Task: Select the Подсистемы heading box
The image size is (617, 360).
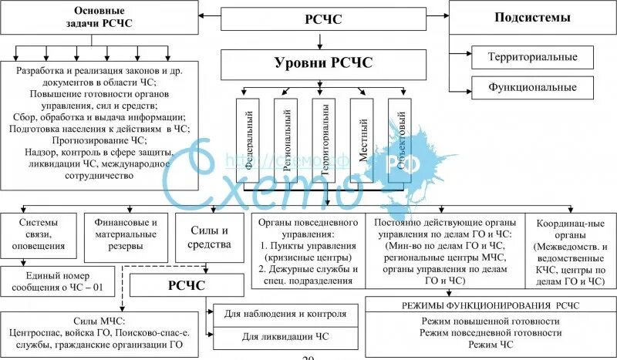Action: tap(532, 18)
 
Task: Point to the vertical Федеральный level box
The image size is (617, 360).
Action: tap(248, 140)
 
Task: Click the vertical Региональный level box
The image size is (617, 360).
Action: tap(286, 140)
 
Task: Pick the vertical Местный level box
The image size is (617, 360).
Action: tap(362, 140)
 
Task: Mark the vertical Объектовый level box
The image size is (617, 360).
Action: tap(400, 140)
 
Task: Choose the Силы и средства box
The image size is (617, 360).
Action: tap(208, 237)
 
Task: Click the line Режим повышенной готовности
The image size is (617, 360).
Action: tap(491, 321)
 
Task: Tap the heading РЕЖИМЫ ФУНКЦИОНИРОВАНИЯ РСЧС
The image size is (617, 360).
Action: tap(491, 304)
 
